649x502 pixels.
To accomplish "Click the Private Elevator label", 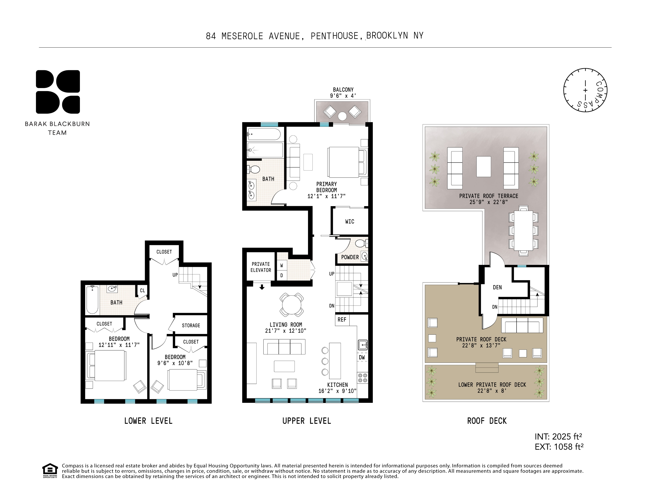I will tap(261, 267).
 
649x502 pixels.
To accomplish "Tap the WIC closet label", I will tap(349, 221).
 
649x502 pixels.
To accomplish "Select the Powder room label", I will tap(350, 257).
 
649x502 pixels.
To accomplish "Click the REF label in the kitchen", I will tap(342, 320).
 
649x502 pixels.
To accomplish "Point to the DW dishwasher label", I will tap(362, 357).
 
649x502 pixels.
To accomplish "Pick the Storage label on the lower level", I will tap(191, 325).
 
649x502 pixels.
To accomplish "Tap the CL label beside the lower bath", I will tap(142, 290).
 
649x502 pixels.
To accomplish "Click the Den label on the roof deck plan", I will tap(497, 287).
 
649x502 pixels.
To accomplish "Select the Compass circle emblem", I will tap(585, 90).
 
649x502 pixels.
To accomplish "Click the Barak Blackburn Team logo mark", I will tap(58, 92).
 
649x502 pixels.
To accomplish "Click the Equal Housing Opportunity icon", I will tap(50, 470).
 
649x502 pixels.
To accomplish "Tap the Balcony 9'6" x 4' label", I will tap(343, 92).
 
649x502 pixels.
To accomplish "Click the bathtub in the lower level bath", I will tap(92, 300).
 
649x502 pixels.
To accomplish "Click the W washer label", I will tap(282, 265).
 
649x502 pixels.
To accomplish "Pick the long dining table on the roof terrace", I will tap(524, 231).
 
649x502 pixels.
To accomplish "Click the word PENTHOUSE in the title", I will tap(334, 36).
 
